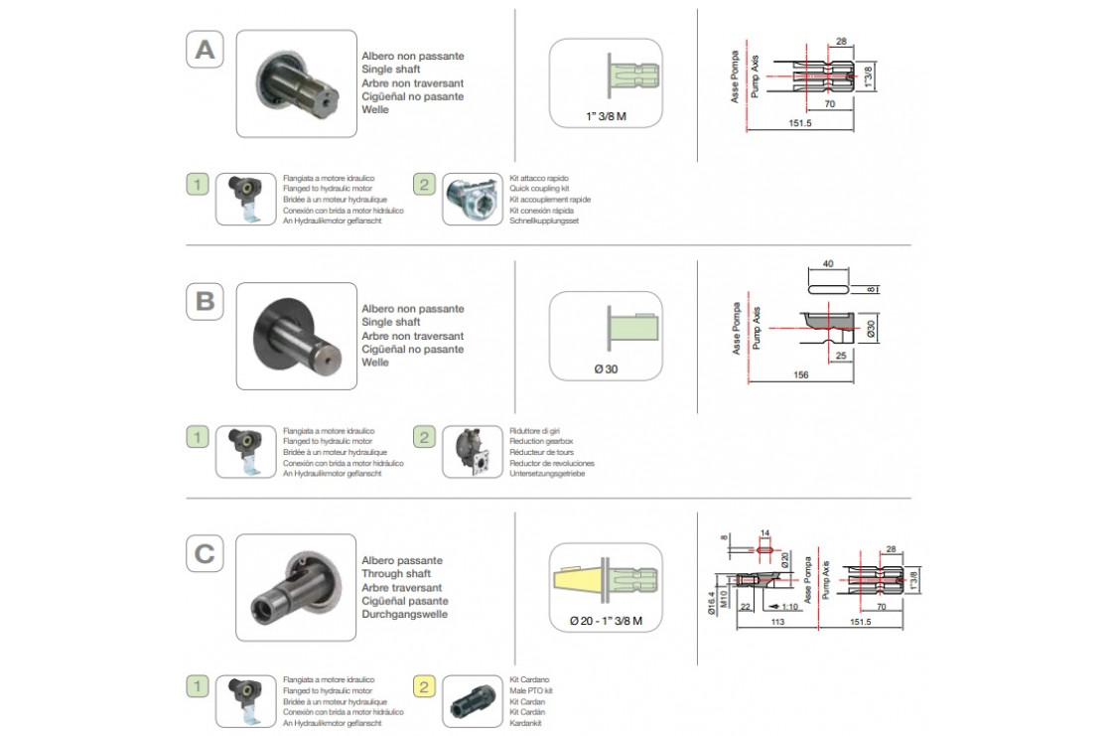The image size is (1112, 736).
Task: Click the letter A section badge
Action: (x=205, y=49)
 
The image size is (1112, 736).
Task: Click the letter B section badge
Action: (x=205, y=301)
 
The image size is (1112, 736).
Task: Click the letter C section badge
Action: (x=205, y=553)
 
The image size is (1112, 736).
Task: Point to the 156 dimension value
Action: (x=801, y=374)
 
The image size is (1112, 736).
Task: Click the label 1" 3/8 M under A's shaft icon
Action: (x=607, y=116)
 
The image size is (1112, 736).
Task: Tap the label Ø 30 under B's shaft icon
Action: (x=606, y=369)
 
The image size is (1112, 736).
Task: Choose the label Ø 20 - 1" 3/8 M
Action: (x=606, y=622)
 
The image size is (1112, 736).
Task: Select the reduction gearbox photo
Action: (x=472, y=452)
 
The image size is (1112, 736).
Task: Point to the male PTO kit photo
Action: (x=472, y=703)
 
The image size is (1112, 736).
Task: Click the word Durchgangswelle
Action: (x=405, y=614)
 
